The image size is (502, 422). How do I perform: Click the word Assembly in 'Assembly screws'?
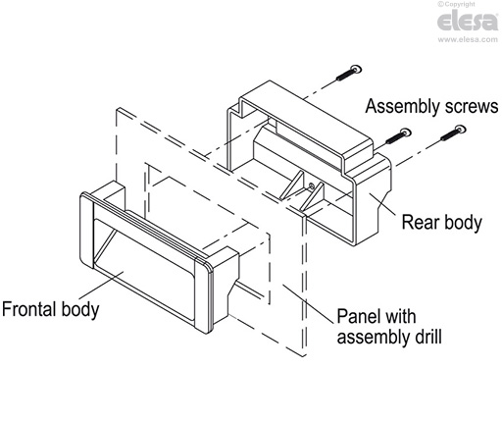(396, 104)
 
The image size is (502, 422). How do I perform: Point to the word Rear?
(423, 223)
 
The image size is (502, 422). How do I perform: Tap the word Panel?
(359, 319)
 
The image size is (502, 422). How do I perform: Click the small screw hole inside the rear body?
(312, 184)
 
